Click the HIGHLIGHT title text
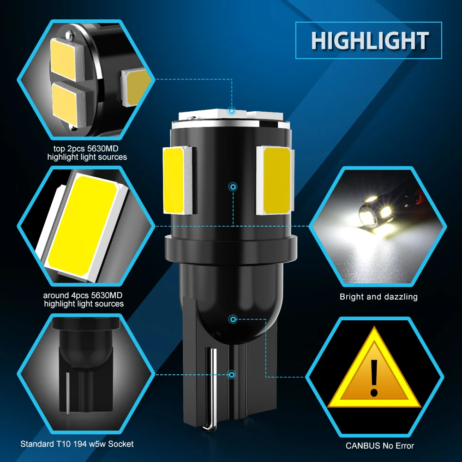coord(370,40)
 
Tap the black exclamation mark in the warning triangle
coord(374,378)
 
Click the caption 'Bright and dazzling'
coord(378,297)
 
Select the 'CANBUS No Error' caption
coord(380,445)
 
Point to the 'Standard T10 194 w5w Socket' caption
coord(77,444)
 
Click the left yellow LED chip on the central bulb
coord(174,180)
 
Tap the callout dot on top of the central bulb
coord(232,111)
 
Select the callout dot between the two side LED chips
coord(233,187)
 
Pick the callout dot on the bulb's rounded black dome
coord(233,319)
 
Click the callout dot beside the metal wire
coord(232,374)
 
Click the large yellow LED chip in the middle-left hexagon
coord(83,224)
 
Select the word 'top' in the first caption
coord(59,149)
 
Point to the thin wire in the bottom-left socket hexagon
coord(68,394)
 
